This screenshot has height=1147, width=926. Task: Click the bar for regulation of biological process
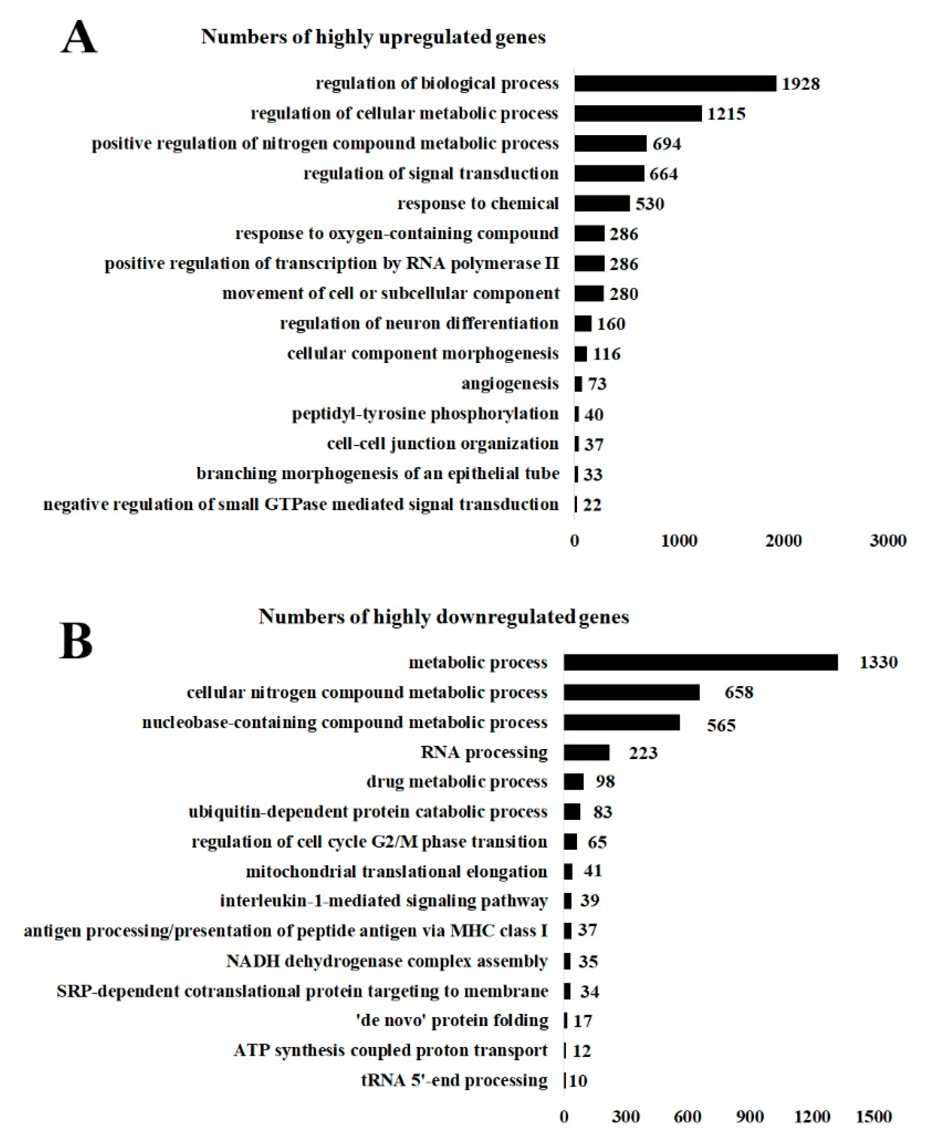(675, 83)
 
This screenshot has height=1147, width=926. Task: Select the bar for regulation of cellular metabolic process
(638, 113)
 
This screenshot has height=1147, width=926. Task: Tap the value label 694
(666, 143)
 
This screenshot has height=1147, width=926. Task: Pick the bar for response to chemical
(602, 203)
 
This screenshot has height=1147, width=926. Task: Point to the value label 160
(611, 323)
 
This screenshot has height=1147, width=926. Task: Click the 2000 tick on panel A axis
(783, 541)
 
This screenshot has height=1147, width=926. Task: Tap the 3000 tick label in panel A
(888, 541)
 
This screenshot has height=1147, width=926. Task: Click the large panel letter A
(79, 38)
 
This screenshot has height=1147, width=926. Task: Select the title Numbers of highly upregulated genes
(373, 37)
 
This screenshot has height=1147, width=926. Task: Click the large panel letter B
(76, 642)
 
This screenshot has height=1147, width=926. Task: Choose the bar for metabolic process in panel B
(700, 662)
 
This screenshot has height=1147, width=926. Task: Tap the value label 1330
(878, 662)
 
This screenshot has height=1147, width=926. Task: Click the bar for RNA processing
(586, 753)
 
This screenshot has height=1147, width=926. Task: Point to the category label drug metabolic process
(457, 782)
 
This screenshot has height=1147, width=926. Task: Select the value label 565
(721, 725)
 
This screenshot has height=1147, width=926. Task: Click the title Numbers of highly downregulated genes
(444, 617)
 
